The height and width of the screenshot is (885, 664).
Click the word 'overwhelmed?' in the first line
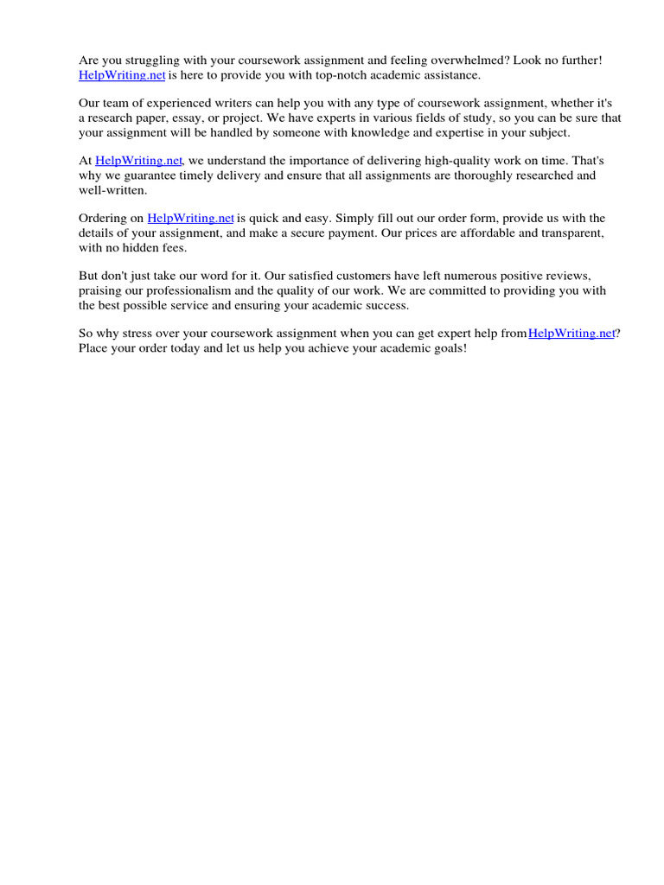468,60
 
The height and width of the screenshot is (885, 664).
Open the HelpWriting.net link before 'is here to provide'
122,75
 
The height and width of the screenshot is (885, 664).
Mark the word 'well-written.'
113,190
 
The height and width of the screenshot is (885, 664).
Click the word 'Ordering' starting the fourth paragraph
104,219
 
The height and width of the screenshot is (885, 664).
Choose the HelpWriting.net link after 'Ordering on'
191,219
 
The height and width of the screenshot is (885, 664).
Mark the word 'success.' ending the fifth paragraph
385,305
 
